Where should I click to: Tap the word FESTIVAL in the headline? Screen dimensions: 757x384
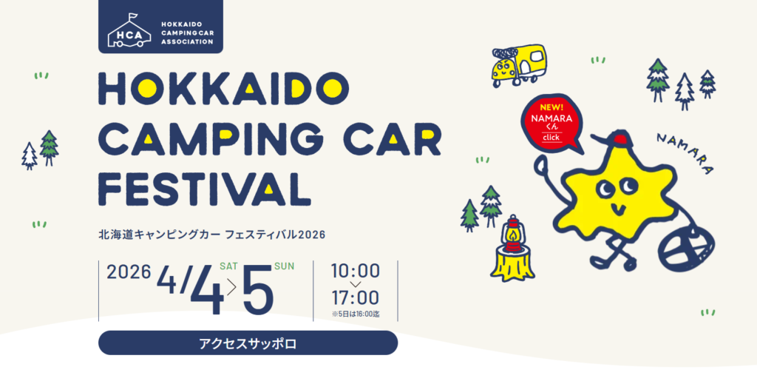coord(208,186)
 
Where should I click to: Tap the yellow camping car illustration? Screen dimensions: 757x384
coord(519,65)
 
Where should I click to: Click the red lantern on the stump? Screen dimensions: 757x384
coord(513,234)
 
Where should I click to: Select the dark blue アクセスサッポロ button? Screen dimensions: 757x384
coord(248,343)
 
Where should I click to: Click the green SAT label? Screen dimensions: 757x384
coord(229,266)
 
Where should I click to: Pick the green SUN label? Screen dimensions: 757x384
coord(284,266)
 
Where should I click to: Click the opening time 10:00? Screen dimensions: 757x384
coord(356,271)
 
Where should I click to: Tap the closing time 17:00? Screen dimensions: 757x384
coord(356,297)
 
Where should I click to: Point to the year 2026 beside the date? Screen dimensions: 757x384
coord(129,272)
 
